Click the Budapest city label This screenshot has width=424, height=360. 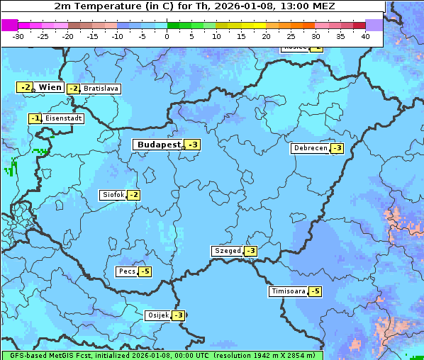[x=158, y=145]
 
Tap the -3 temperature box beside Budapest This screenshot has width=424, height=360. [x=193, y=145]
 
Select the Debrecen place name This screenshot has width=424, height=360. [x=310, y=148]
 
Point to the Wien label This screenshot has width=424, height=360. [x=50, y=87]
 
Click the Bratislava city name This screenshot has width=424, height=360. [x=101, y=89]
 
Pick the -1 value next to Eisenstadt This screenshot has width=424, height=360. [x=35, y=118]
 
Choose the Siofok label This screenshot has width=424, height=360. [x=113, y=195]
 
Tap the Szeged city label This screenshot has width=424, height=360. [x=227, y=251]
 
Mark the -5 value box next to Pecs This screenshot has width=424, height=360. [x=145, y=271]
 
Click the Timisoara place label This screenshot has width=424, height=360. [x=288, y=291]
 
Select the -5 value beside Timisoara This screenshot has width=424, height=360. [x=315, y=291]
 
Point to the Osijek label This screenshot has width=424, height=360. [x=157, y=315]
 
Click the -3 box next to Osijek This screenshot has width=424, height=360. [x=179, y=315]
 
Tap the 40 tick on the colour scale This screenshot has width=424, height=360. [x=365, y=35]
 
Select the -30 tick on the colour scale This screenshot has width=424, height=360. [x=18, y=35]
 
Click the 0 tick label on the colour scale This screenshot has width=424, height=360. [x=167, y=35]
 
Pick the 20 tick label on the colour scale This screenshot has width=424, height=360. [x=266, y=35]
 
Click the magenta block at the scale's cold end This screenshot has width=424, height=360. [x=9, y=25]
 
